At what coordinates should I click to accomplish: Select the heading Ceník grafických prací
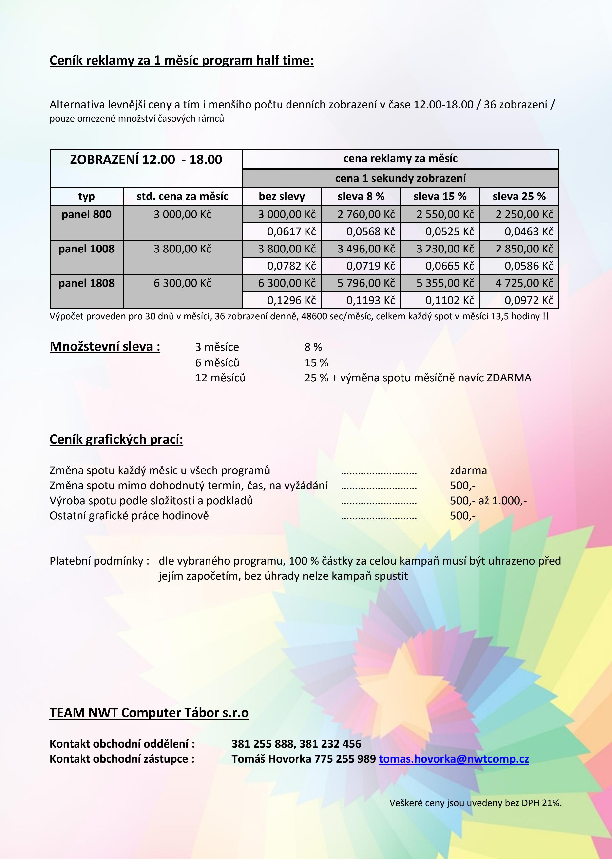(x=116, y=439)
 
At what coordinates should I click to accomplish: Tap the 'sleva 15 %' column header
(x=440, y=196)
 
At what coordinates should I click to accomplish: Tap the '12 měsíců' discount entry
(x=220, y=378)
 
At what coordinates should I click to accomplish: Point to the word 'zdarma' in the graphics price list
(x=468, y=470)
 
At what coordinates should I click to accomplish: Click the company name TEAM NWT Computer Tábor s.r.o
(x=149, y=713)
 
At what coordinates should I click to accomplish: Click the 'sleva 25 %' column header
(x=519, y=196)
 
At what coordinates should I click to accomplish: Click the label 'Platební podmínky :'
(x=99, y=561)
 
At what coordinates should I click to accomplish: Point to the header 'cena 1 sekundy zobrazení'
(x=401, y=178)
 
